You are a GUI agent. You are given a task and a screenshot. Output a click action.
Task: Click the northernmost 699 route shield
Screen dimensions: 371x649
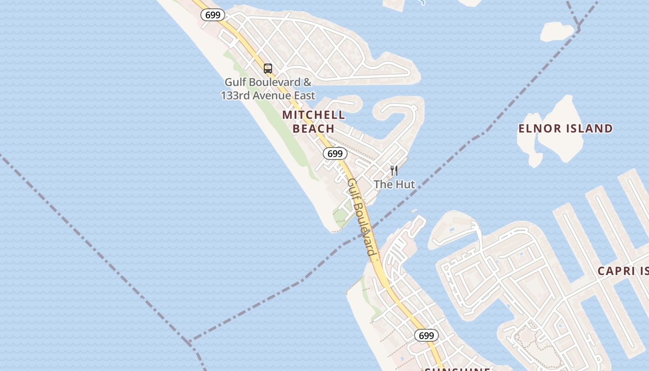[213, 15]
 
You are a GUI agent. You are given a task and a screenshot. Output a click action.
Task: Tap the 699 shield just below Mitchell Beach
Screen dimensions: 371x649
[335, 154]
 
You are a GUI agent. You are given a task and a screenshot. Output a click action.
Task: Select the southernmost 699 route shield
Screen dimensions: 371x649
[426, 335]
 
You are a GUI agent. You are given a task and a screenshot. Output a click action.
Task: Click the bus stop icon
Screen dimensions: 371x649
[268, 69]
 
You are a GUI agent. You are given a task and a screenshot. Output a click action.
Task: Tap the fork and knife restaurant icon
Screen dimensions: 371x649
[394, 171]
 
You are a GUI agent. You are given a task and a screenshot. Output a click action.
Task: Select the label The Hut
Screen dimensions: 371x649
[394, 184]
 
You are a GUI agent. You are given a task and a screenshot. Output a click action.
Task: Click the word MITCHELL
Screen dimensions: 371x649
[314, 115]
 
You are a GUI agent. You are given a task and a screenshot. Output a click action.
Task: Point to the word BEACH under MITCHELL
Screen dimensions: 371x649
[313, 128]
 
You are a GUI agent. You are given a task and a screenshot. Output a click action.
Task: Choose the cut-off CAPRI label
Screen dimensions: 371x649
[623, 271]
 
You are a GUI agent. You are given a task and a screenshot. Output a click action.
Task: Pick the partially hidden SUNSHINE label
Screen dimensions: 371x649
[458, 369]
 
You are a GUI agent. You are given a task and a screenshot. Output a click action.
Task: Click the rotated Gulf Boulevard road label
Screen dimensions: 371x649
[361, 217]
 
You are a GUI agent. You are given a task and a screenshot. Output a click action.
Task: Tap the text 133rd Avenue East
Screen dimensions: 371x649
[268, 96]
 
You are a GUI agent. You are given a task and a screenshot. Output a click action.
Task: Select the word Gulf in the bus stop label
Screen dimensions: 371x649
[235, 82]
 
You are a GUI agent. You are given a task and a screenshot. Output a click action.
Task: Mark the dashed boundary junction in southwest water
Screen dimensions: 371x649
[189, 342]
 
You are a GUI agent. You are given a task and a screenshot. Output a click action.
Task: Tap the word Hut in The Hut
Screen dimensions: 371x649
[405, 184]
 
